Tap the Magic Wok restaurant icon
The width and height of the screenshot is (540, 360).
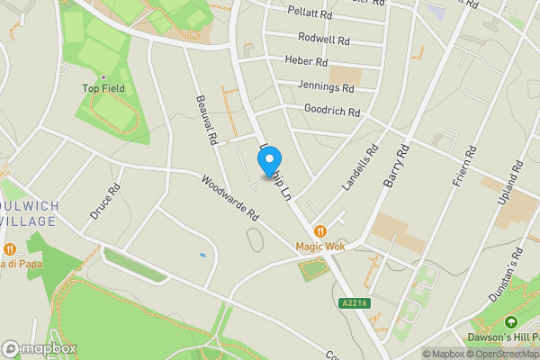pos(319,230)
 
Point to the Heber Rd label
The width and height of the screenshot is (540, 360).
pos(306,62)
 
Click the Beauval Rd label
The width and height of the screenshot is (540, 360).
pos(208,122)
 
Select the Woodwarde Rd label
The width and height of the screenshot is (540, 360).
pos(229,199)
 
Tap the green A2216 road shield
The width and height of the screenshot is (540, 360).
pos(355,304)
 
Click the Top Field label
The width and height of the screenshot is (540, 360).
pos(103,88)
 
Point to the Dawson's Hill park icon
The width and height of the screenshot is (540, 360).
pos(511,322)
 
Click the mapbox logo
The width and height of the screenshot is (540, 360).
pos(40,348)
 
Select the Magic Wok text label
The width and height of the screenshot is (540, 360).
pos(320,246)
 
